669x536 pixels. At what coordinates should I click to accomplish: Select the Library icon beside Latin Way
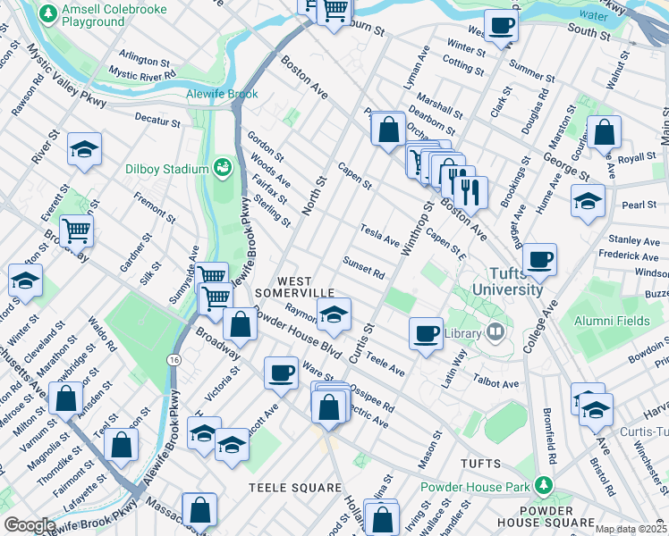[496, 333]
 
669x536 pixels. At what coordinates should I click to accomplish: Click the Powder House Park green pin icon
[542, 486]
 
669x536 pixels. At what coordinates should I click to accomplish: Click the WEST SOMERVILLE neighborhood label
[294, 287]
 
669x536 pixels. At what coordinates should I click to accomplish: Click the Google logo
[30, 525]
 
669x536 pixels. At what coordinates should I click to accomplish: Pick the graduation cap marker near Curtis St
[334, 314]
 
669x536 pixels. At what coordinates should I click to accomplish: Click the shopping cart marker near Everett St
[76, 230]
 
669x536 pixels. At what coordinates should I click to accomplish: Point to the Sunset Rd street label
[363, 267]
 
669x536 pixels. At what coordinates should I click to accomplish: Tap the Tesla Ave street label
[379, 235]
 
